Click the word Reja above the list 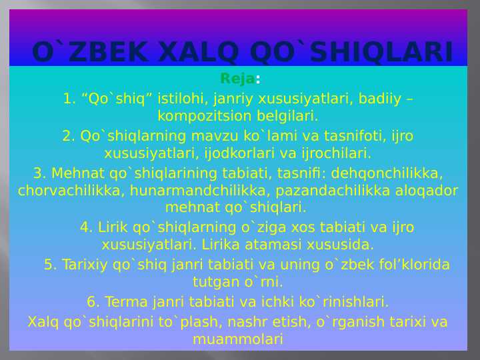237,79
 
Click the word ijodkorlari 243,153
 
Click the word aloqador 429,191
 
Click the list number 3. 39,173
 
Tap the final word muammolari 238,339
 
